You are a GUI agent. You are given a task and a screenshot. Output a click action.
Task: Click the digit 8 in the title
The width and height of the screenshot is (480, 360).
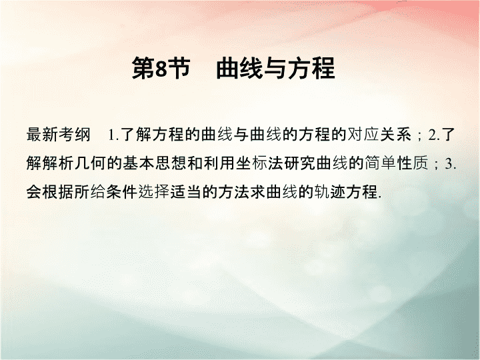click(x=161, y=69)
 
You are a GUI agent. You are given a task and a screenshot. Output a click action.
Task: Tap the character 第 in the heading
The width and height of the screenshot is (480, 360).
click(x=143, y=68)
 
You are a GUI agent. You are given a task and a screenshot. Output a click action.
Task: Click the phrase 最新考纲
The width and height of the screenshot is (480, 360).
click(x=58, y=135)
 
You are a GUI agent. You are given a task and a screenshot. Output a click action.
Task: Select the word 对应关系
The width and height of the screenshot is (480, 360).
click(x=379, y=135)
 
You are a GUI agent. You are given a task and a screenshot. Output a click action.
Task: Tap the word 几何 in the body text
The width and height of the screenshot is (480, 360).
click(x=91, y=163)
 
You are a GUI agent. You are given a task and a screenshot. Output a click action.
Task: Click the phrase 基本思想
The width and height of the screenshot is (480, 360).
click(x=155, y=163)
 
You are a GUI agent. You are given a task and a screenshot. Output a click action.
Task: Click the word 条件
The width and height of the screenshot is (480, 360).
click(x=122, y=192)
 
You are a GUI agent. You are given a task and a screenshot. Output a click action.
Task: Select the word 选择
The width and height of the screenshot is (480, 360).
click(x=154, y=192)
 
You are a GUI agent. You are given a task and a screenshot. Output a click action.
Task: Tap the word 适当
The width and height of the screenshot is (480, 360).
click(x=186, y=192)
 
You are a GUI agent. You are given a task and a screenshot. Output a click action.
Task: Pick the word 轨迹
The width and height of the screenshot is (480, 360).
click(x=330, y=192)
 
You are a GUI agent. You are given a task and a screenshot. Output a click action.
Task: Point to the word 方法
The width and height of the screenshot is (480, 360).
click(x=234, y=192)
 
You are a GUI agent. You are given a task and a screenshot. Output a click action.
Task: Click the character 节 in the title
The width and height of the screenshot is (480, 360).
click(x=179, y=68)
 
